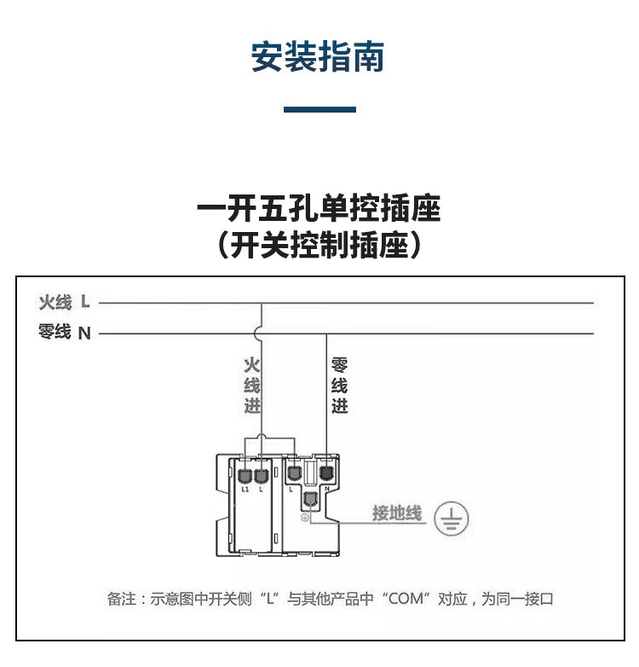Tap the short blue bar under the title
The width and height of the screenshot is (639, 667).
pyautogui.click(x=319, y=109)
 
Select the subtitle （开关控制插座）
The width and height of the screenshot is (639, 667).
pyautogui.click(x=319, y=246)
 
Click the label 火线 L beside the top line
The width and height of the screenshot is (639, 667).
pyautogui.click(x=64, y=302)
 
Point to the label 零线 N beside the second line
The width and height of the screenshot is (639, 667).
pyautogui.click(x=64, y=333)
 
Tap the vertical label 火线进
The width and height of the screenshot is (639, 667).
pyautogui.click(x=251, y=386)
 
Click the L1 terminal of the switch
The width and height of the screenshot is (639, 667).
pyautogui.click(x=245, y=473)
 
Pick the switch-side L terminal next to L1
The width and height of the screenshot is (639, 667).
pyautogui.click(x=262, y=473)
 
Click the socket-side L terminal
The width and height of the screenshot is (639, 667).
pyautogui.click(x=294, y=472)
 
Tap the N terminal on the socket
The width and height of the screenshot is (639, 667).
pyautogui.click(x=326, y=472)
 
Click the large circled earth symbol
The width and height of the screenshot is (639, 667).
pyautogui.click(x=452, y=518)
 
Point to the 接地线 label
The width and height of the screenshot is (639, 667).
pyautogui.click(x=396, y=513)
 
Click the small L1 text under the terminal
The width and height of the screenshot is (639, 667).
pyautogui.click(x=245, y=490)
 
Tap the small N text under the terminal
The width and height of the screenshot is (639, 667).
pyautogui.click(x=327, y=489)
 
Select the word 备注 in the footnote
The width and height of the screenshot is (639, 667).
pyautogui.click(x=120, y=599)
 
